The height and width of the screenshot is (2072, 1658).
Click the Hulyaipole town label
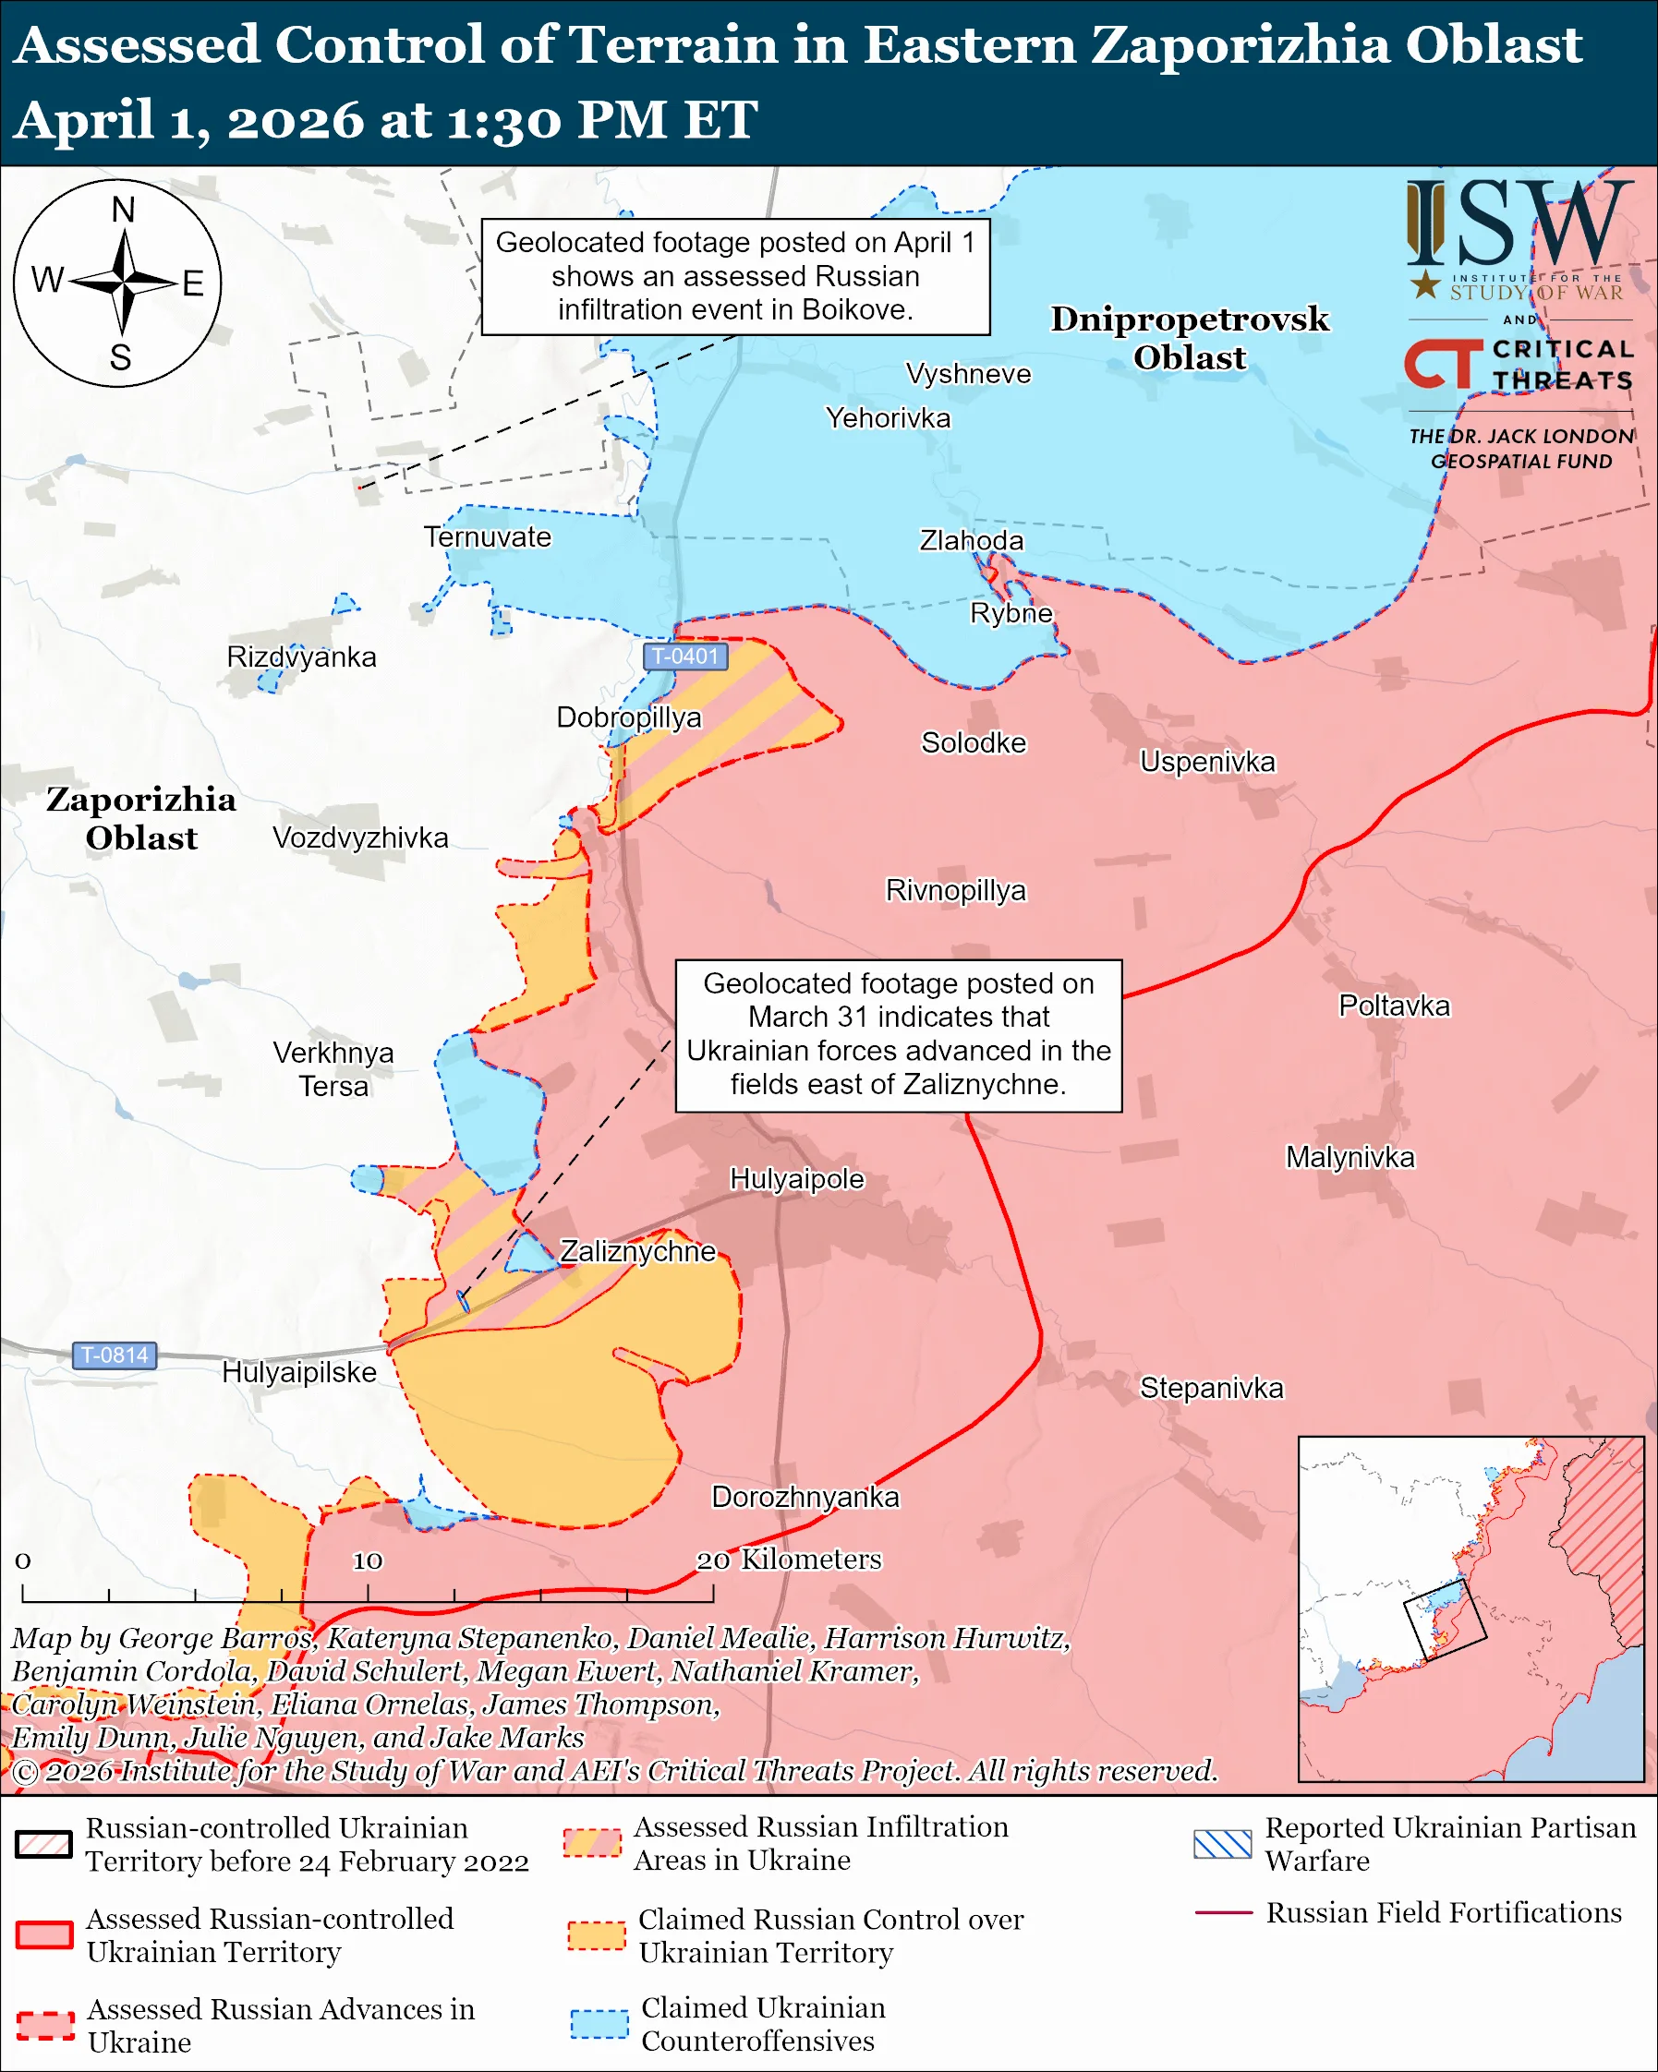point(797,1179)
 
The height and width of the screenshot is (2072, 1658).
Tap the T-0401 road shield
point(684,657)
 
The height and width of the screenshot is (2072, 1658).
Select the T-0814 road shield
point(115,1355)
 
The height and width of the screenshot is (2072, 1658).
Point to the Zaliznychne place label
point(637,1251)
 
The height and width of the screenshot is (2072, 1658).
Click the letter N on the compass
point(122,210)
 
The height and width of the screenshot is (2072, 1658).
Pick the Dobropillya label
point(629,717)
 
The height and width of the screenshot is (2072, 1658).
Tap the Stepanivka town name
point(1211,1388)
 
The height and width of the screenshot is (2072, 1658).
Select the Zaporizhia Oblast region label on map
point(141,819)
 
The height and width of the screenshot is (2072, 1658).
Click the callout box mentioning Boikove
point(735,277)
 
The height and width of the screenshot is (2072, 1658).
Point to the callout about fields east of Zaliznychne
point(898,1035)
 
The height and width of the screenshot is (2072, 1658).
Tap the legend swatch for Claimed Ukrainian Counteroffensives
point(599,2024)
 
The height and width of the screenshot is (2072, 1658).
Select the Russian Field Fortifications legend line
point(1223,1912)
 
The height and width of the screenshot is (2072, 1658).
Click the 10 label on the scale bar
point(368,1560)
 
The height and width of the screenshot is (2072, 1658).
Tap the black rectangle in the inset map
point(1445,1620)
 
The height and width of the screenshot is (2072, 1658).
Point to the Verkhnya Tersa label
point(333,1068)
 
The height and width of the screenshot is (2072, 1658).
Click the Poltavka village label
point(1394,1006)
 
